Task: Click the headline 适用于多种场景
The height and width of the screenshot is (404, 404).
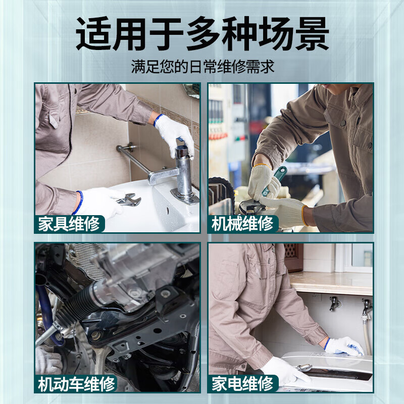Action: point(202,34)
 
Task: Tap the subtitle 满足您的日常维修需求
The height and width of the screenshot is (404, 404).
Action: point(202,67)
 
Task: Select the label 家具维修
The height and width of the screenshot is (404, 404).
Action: point(69,224)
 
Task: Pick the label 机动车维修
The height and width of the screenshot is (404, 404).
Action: point(76,384)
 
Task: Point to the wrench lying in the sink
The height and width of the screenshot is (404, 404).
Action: point(129,200)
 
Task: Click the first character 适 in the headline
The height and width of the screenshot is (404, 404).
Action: point(93,34)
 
